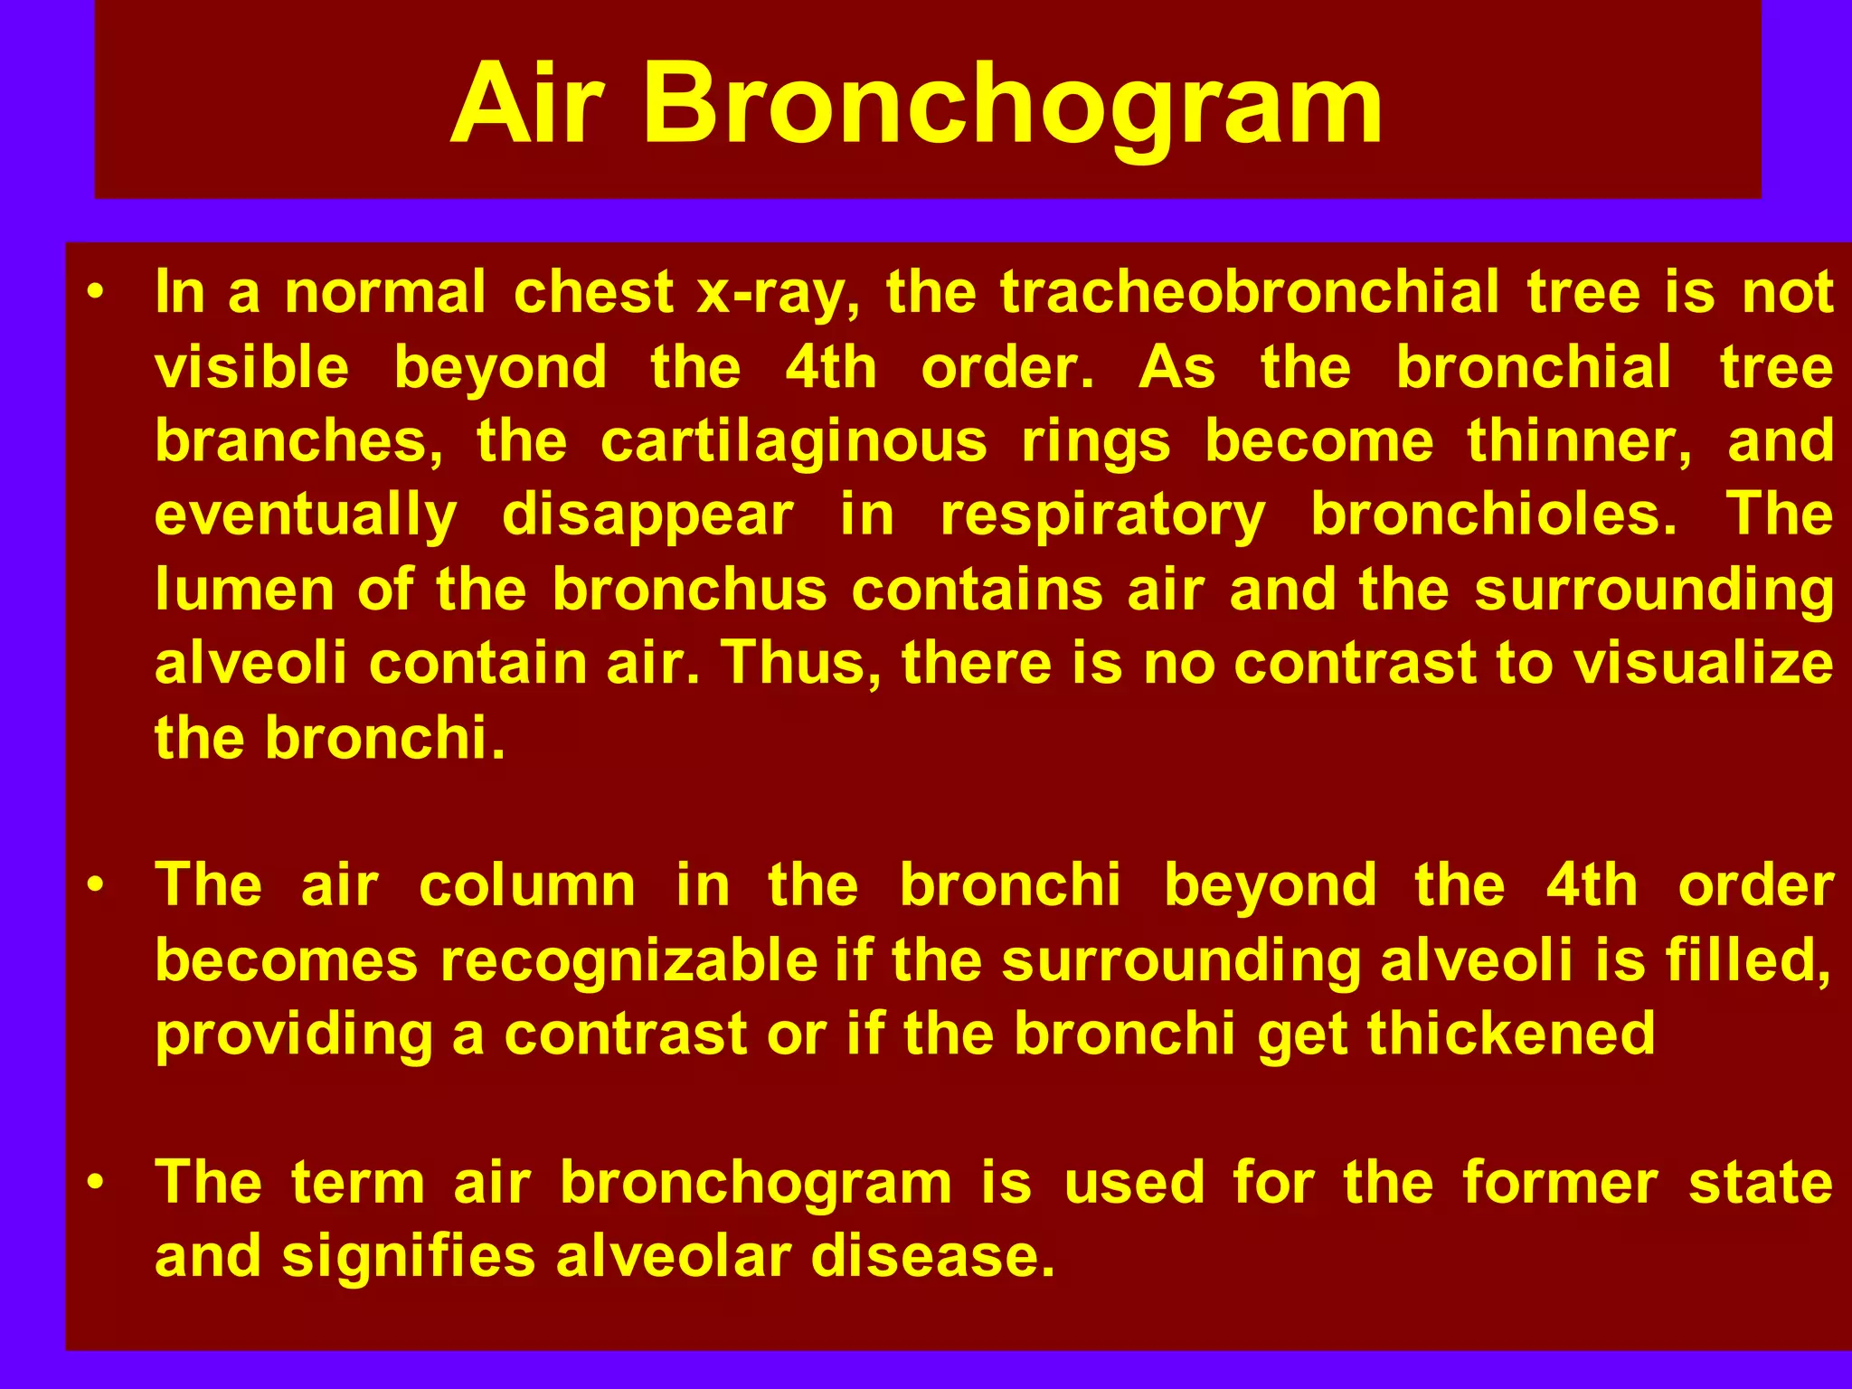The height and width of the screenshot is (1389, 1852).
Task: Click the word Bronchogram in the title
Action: [x=1013, y=104]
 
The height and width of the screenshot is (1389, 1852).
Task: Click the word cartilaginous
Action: [x=793, y=442]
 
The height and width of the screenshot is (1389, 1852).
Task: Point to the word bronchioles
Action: [x=1494, y=515]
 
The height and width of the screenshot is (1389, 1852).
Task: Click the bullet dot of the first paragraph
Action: [x=96, y=293]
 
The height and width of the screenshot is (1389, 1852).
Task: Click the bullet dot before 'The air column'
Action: [x=96, y=885]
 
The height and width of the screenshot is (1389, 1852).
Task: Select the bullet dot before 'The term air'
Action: [x=96, y=1183]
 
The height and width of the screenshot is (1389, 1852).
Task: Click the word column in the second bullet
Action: [x=527, y=885]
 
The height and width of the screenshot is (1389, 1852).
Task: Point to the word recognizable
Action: [x=628, y=959]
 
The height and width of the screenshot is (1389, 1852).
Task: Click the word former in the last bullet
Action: [x=1560, y=1183]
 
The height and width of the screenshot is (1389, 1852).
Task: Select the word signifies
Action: [x=409, y=1257]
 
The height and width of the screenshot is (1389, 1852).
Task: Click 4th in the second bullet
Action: [x=1592, y=885]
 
